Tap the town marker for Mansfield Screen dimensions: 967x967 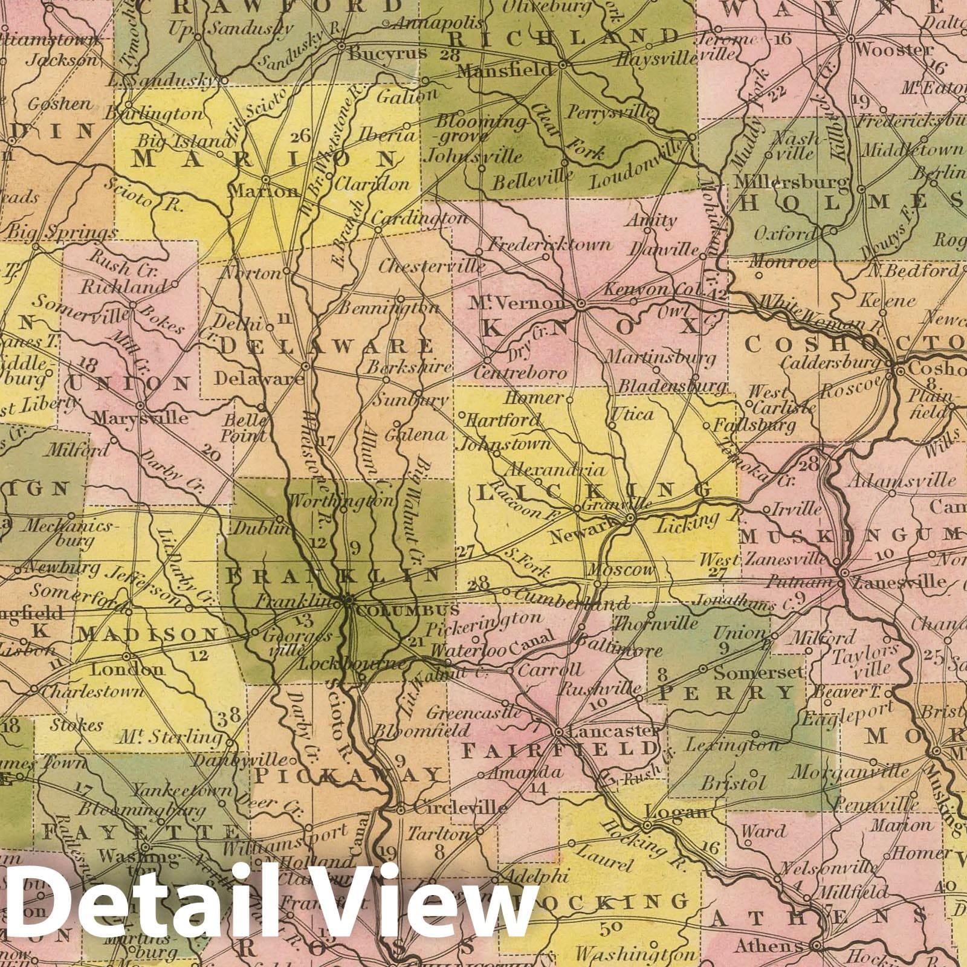tap(562, 63)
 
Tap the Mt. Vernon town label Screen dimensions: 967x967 tap(520, 302)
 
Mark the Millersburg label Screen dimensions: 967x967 tap(793, 181)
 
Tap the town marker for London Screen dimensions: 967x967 tap(127, 656)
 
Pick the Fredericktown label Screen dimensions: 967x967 tap(549, 245)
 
